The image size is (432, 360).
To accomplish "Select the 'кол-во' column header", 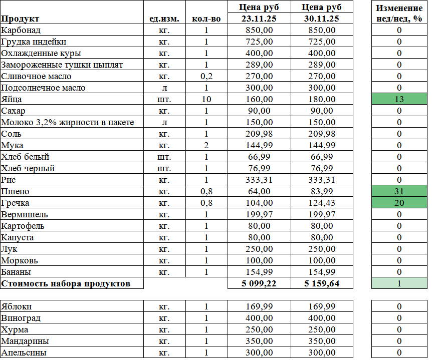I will tap(206, 19).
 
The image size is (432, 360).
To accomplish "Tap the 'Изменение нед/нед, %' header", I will tap(399, 14).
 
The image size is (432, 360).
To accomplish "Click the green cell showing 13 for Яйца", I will tap(399, 99).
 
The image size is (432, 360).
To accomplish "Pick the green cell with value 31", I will tap(399, 191).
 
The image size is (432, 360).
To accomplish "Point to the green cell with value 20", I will tap(399, 203).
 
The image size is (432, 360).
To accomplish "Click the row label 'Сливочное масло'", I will tap(36, 76).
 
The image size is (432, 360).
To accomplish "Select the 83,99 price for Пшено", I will tap(321, 191).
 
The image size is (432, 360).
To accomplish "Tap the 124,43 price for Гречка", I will tap(321, 203).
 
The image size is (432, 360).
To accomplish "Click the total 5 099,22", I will tap(259, 283).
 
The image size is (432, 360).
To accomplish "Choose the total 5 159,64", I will tap(321, 283).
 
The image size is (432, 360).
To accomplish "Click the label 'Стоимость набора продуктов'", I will tap(66, 283).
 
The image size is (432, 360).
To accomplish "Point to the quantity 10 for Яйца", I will tap(206, 99).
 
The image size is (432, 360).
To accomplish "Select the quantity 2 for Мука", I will tap(206, 145).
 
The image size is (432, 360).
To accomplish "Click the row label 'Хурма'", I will tap(15, 329).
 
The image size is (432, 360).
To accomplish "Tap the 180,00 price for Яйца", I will tap(321, 99).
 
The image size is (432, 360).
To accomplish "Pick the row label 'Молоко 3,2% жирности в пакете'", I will tap(68, 122).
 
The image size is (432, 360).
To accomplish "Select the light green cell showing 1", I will tap(399, 283).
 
